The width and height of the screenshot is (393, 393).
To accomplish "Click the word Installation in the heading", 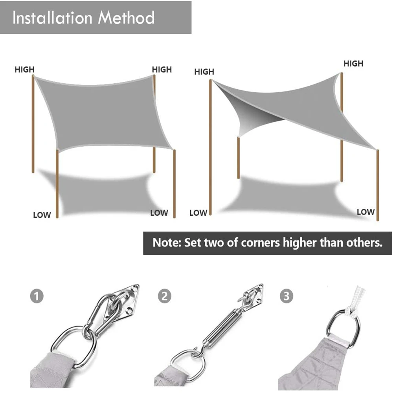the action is (52, 18).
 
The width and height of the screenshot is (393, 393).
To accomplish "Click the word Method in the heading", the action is (126, 18).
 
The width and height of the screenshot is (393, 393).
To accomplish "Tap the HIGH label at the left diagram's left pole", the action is (24, 70).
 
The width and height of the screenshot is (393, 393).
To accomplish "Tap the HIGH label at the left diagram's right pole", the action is (162, 70).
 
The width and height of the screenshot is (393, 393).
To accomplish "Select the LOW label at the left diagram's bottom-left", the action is (42, 215).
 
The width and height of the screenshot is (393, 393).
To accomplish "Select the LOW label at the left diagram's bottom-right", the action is (159, 213).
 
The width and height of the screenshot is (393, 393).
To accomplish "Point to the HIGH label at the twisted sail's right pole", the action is (353, 63).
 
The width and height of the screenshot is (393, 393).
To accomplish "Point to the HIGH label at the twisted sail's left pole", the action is (204, 72).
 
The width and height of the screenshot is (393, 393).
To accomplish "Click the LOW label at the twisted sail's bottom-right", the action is (365, 212).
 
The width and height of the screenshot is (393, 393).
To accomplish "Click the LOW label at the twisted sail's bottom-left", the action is (198, 213).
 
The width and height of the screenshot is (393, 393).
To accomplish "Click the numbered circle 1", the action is (37, 296).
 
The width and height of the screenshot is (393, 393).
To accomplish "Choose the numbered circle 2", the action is (164, 296).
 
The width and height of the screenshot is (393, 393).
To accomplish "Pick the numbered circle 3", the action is (286, 296).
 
